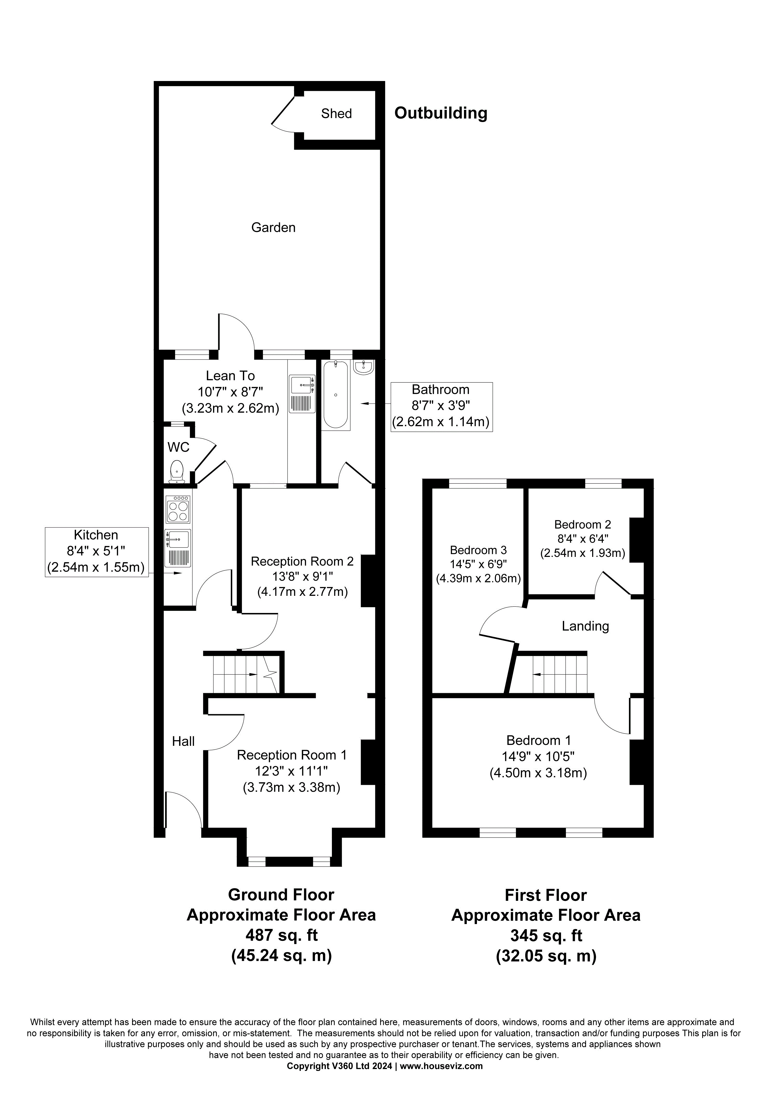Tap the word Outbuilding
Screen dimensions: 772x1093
(x=441, y=113)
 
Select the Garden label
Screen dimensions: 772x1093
(x=273, y=227)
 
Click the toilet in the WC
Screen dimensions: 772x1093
(x=177, y=471)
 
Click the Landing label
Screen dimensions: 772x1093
(x=585, y=626)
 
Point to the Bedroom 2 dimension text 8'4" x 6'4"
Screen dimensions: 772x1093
(x=583, y=539)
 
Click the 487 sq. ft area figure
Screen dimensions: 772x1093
(x=281, y=935)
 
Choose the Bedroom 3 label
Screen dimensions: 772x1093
(x=478, y=550)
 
